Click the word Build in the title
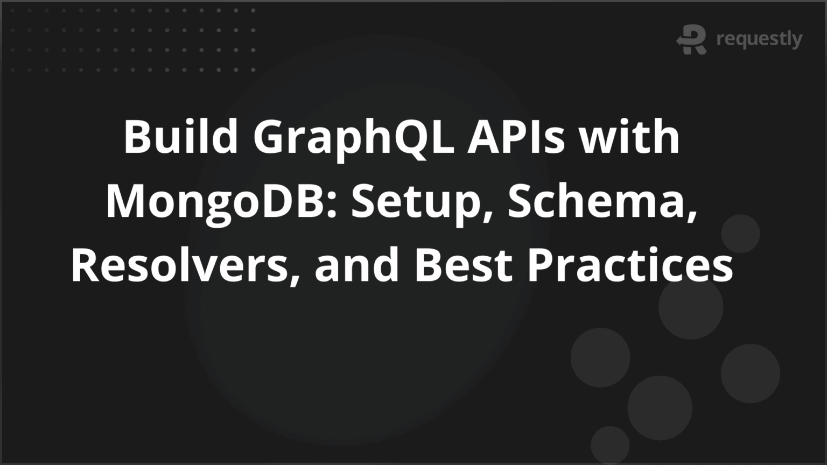point(181,137)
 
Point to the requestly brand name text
point(759,39)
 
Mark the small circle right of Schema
point(740,234)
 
